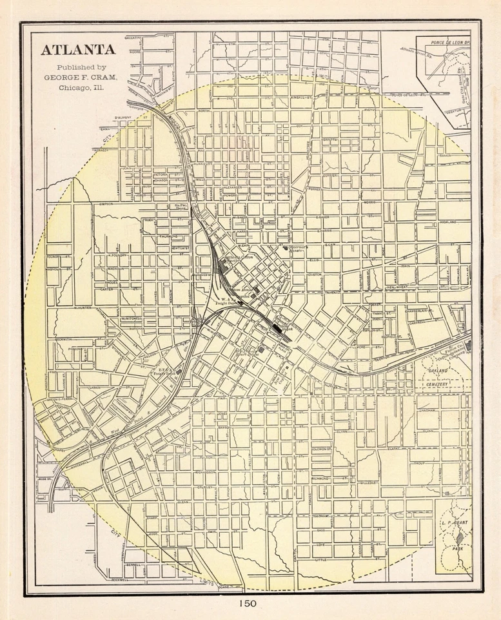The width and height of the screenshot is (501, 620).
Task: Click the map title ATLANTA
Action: point(78,50)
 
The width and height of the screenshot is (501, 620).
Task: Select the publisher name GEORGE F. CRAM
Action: point(80,76)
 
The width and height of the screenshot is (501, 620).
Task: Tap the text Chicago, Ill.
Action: point(80,87)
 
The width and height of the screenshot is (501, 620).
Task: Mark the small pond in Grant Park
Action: point(458,535)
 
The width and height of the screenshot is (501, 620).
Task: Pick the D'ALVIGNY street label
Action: point(123,118)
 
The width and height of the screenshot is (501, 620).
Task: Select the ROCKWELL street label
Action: point(133,579)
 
